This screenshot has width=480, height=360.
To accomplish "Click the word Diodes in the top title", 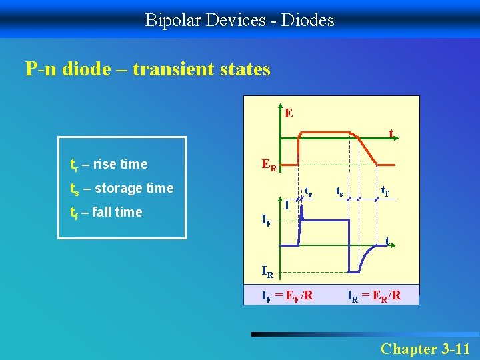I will click(x=307, y=20).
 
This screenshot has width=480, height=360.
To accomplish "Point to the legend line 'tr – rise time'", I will click(x=109, y=164).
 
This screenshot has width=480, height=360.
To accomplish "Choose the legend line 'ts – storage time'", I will click(x=122, y=188).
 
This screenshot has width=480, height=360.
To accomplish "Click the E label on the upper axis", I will click(x=288, y=113).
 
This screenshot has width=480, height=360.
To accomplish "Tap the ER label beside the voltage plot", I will click(x=269, y=165).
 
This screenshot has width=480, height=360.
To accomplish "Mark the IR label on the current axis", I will click(x=267, y=272).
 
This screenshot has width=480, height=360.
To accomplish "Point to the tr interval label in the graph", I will click(x=309, y=191).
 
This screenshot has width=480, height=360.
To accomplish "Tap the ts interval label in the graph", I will click(x=339, y=191).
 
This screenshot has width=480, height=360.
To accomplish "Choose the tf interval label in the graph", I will click(x=385, y=191).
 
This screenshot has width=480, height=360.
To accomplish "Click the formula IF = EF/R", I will click(x=287, y=295).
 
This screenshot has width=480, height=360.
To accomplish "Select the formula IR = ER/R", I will click(x=374, y=295).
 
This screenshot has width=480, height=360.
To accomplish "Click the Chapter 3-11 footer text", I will click(x=425, y=349).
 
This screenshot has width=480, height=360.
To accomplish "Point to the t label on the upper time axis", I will click(x=391, y=133).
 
